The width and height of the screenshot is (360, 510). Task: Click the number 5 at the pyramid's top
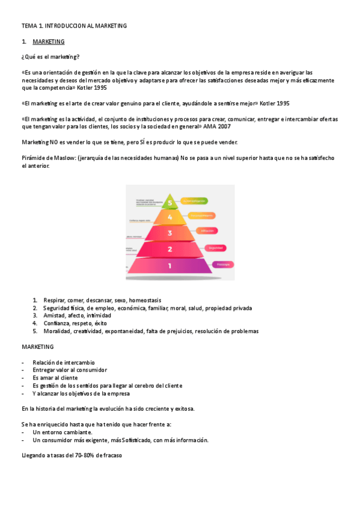170,203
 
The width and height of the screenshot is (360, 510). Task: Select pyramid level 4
170,217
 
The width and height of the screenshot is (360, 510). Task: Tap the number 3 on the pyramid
170,233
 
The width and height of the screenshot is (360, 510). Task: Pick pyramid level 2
170,249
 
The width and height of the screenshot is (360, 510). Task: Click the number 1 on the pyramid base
170,265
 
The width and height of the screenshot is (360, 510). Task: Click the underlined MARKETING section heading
49,41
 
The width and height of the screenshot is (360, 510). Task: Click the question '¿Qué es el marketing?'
50,57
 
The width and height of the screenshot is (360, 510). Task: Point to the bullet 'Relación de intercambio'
64,363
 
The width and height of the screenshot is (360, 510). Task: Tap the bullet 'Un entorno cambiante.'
63,432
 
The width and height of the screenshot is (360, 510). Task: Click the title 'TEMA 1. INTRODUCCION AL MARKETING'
74,26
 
